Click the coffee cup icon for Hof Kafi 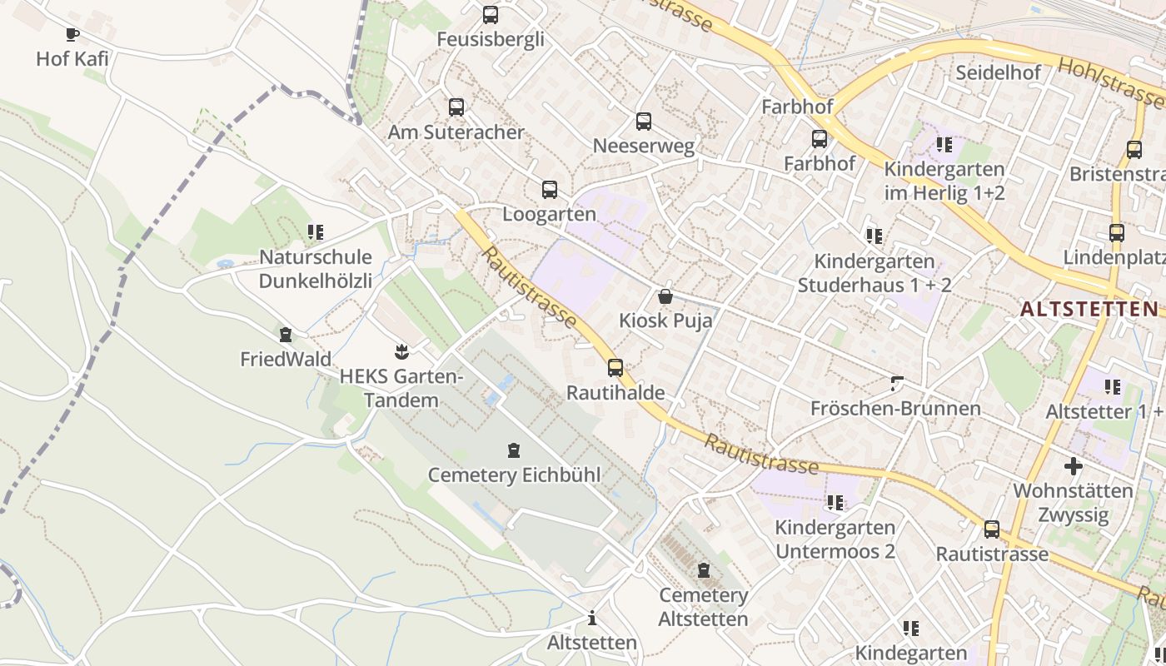tap(72, 34)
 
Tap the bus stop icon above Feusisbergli tap(491, 14)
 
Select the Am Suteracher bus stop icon tap(456, 107)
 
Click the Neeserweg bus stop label tap(643, 147)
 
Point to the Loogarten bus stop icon tap(550, 189)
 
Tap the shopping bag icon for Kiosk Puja tap(665, 296)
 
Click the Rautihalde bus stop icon tap(615, 367)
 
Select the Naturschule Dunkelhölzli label tap(316, 268)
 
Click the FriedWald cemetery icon tap(286, 335)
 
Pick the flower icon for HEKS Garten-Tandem tap(401, 351)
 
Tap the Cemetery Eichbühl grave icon tap(514, 450)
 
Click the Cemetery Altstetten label tap(704, 607)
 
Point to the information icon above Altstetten tap(592, 618)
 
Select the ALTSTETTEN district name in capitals tap(1089, 309)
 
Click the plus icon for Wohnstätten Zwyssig tap(1074, 466)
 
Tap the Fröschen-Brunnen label tap(895, 409)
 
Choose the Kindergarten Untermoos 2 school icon tap(835, 503)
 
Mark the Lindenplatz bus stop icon tap(1117, 232)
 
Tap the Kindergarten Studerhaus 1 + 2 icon tap(874, 236)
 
